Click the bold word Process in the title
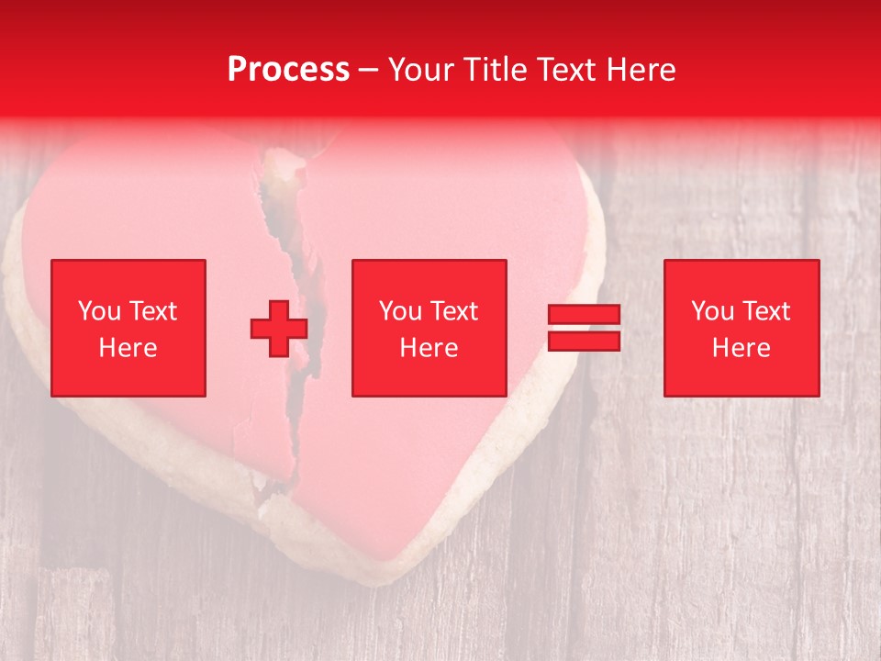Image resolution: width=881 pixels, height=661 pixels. (x=288, y=69)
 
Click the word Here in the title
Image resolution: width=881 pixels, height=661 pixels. (x=641, y=69)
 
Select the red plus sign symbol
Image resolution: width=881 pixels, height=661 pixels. (x=279, y=328)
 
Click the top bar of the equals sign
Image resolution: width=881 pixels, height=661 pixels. (x=584, y=315)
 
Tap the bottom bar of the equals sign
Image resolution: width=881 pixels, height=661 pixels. (x=584, y=341)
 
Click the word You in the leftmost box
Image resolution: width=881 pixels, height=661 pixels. (x=97, y=311)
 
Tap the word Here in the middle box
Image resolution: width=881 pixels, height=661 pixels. (x=429, y=348)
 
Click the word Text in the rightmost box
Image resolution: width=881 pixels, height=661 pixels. (x=764, y=311)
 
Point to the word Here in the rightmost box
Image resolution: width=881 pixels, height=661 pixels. (x=741, y=348)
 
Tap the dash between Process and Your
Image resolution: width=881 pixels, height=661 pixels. (x=368, y=71)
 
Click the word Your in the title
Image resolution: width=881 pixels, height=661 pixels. (x=420, y=69)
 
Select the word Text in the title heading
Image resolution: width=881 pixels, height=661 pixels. (x=567, y=69)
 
